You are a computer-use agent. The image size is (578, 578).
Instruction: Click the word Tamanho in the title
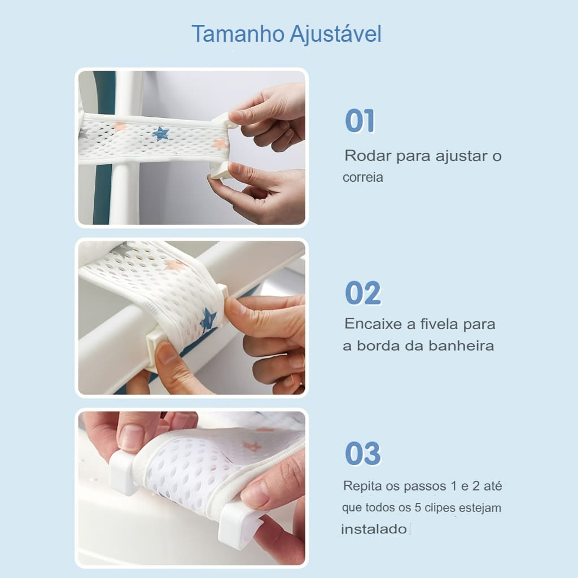coord(238,34)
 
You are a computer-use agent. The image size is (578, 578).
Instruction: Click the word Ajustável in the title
coord(335,34)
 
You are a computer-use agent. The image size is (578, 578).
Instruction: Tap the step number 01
coord(360,121)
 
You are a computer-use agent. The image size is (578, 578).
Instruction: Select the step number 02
coord(363,293)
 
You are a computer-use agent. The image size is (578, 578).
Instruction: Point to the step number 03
coord(363,453)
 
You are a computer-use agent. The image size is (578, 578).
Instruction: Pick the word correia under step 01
coord(363,177)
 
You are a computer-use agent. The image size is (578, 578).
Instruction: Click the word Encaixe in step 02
coord(373,324)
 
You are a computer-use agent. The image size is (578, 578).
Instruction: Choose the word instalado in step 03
coord(374,529)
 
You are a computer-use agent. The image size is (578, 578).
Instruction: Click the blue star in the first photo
coord(161,133)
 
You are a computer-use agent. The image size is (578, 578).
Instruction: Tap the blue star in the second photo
coord(208,320)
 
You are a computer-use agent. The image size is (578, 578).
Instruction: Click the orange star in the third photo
coord(252,446)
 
